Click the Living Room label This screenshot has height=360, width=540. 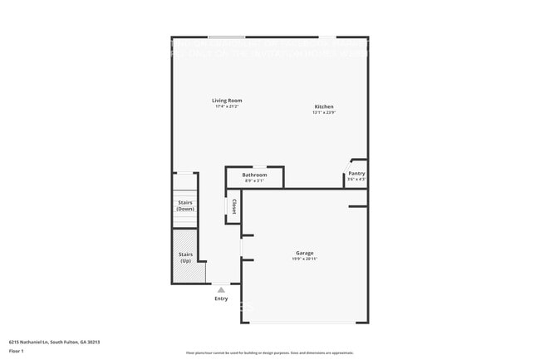tap(227, 101)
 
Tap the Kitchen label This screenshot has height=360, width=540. tap(324, 106)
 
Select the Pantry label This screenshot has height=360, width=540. tap(356, 173)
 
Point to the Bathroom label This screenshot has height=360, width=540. tap(254, 175)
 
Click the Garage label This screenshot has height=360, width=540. tap(305, 253)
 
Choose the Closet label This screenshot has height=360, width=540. tap(234, 206)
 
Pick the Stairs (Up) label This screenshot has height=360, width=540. tap(185, 258)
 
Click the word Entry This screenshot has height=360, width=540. tap(221, 298)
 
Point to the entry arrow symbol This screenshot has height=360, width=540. tap(221, 290)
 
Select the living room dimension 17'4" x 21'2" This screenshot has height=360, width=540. tap(227, 106)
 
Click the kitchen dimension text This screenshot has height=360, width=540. tap(324, 112)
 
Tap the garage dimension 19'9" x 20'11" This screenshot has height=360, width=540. tap(305, 259)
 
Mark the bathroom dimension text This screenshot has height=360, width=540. tap(254, 180)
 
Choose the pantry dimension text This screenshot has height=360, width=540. tap(356, 179)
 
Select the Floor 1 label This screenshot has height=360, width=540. tap(17, 351)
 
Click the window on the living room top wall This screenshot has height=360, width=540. tap(226, 37)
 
